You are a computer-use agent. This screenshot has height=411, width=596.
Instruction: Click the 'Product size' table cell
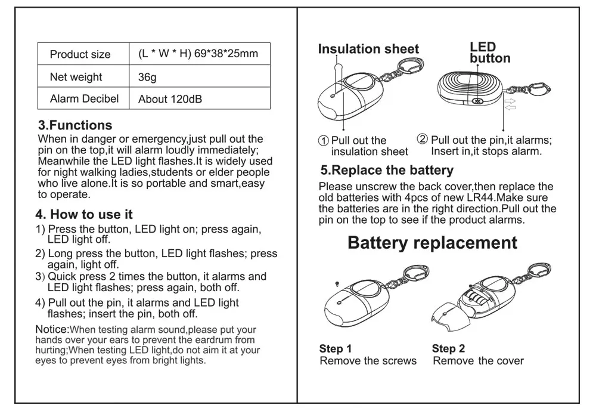[80, 54]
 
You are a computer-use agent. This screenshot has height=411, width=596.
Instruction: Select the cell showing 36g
[147, 78]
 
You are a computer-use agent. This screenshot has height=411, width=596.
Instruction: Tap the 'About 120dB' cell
[170, 99]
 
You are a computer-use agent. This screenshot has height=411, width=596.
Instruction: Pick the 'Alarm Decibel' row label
[84, 98]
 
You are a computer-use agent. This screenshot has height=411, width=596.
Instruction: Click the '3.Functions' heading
[75, 125]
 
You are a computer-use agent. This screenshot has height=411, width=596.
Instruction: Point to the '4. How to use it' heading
[84, 214]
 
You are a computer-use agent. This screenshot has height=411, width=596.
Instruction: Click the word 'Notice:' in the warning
[52, 329]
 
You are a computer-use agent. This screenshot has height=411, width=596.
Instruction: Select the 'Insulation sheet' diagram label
[368, 49]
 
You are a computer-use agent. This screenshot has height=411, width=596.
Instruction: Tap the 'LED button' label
[489, 52]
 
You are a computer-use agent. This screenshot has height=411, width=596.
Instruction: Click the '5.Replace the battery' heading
[387, 171]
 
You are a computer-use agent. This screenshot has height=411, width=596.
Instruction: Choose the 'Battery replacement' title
[432, 243]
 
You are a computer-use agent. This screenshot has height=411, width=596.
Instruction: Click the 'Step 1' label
[336, 348]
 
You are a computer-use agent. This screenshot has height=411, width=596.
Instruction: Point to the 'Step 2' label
[448, 348]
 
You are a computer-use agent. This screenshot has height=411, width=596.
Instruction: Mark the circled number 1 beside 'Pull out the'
[324, 141]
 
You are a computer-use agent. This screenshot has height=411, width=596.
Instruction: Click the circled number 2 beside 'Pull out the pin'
[423, 140]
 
